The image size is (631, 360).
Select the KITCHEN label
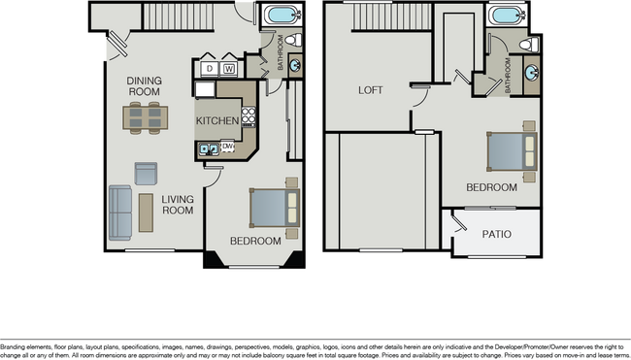point(217,120)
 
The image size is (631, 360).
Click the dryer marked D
point(209,69)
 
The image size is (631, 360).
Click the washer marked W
point(229,69)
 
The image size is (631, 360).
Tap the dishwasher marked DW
point(228,147)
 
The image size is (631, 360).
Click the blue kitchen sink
point(208,148)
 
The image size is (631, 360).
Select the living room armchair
point(147,174)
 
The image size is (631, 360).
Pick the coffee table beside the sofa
point(146,213)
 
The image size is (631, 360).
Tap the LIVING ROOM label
point(178,205)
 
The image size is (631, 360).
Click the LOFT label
point(371,90)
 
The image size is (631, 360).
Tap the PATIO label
point(497,235)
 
